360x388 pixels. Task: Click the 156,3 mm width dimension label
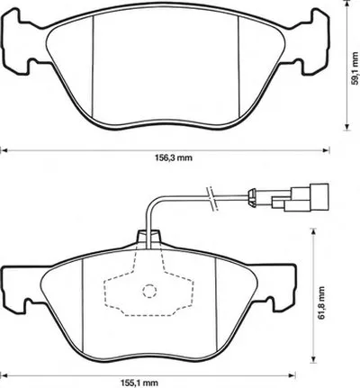(x=174, y=158)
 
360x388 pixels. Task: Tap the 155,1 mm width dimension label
(x=139, y=383)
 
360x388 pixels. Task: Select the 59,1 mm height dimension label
(x=355, y=68)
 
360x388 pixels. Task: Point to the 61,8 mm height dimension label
(x=321, y=303)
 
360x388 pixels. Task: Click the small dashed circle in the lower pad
(x=149, y=291)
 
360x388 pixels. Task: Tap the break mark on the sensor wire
(x=212, y=198)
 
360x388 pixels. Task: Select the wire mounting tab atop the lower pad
(x=148, y=238)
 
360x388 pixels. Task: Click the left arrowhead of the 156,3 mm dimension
(x=4, y=150)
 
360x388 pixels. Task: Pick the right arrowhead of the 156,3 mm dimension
(x=326, y=150)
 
